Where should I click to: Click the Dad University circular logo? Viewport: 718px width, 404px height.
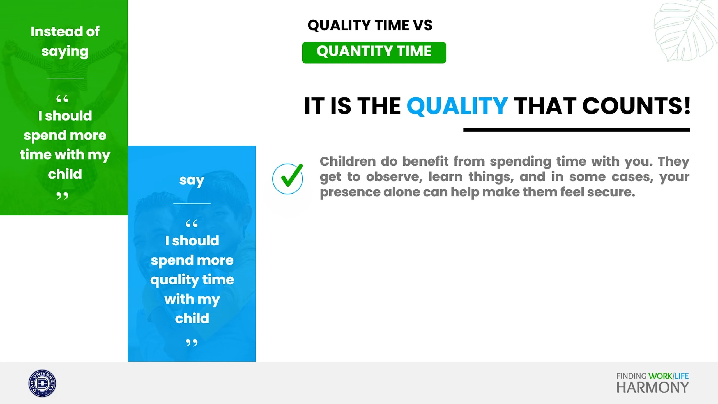(42, 383)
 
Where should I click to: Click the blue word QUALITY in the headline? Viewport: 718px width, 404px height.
(457, 106)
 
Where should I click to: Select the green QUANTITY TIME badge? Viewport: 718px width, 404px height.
(374, 53)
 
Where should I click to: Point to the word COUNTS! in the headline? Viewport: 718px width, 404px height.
(636, 106)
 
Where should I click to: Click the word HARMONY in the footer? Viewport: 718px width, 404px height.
(652, 388)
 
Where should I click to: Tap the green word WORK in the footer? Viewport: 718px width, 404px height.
(660, 376)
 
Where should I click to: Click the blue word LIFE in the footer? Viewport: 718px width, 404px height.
(682, 376)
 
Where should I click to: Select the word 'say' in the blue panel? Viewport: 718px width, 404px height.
(192, 180)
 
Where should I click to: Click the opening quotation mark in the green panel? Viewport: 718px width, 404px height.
(62, 99)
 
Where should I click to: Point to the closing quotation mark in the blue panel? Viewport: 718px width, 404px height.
(192, 343)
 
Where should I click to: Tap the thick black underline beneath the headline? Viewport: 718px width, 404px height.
(576, 130)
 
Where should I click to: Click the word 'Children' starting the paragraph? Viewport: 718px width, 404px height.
(348, 161)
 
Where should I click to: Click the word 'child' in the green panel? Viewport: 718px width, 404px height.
(65, 174)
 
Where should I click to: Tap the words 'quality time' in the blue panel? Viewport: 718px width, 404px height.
(192, 280)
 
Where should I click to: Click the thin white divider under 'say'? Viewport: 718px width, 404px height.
(192, 203)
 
